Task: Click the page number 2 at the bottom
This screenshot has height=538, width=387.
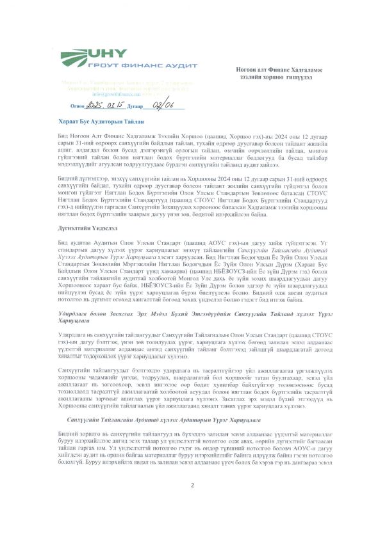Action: pos(192,503)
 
